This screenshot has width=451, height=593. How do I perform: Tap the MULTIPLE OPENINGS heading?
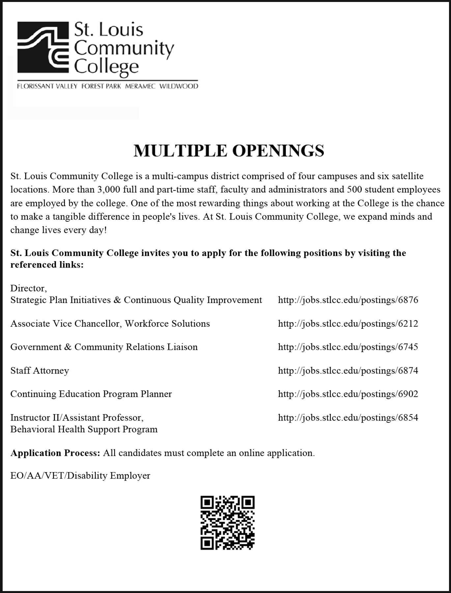coord(229,151)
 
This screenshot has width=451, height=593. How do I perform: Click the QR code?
coord(228,523)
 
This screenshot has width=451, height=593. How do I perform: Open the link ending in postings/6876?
coord(348,300)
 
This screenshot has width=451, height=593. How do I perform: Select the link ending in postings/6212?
coord(348,324)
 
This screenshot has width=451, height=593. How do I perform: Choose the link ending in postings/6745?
coord(348,347)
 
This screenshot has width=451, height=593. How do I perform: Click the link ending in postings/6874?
coord(348,371)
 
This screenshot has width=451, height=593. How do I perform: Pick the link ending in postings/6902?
coord(348,394)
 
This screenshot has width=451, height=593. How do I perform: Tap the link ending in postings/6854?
coord(348,418)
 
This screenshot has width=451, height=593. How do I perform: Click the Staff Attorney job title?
coord(40,371)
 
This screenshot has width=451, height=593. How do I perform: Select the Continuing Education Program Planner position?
coord(91,394)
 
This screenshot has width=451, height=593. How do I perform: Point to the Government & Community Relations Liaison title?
coord(104,347)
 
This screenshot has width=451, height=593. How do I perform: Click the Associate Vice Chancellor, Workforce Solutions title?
coord(110,324)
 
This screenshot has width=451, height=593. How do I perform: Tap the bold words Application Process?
coord(55,453)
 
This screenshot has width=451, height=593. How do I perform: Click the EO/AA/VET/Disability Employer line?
coord(80,476)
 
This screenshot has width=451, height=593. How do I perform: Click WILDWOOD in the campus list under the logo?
coord(179,86)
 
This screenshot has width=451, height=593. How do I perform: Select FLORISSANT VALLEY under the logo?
coord(47,86)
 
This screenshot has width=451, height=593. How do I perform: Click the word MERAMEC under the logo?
coord(140,86)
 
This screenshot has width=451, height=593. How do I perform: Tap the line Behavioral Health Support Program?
coord(84,429)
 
